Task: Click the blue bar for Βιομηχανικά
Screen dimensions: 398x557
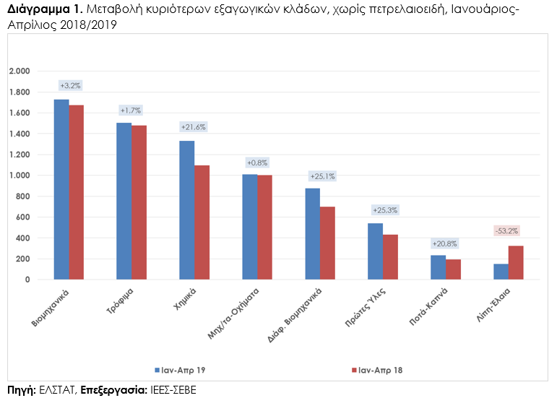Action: tap(61, 189)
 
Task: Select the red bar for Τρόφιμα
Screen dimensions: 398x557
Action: tap(139, 202)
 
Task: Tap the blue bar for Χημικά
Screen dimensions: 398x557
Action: tap(186, 209)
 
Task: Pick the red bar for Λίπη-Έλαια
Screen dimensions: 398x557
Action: tap(516, 262)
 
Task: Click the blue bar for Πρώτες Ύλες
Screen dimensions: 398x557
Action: tap(375, 251)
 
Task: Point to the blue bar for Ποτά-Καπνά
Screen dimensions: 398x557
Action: tap(438, 267)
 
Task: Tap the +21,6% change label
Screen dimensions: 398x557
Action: tap(193, 127)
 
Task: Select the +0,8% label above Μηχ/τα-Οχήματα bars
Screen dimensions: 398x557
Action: tap(256, 162)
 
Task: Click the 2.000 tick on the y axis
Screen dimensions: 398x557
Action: tap(19, 71)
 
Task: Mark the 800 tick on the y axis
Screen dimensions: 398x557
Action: tap(23, 196)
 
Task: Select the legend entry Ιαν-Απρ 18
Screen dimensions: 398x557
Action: tap(378, 370)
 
